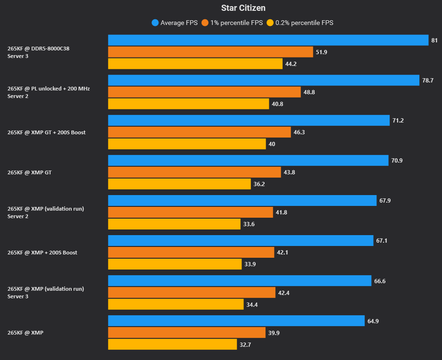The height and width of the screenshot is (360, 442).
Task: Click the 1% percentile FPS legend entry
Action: (232, 23)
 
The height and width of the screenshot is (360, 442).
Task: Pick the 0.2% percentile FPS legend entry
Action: (300, 23)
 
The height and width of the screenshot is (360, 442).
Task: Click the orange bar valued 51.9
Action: (210, 52)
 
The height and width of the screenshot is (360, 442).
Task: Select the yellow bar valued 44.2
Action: (195, 64)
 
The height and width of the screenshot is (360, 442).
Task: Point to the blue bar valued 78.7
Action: (264, 80)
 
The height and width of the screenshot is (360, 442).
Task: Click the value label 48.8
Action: (309, 92)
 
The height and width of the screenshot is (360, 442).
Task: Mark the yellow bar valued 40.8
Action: (189, 104)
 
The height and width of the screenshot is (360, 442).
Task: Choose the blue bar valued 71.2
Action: (249, 120)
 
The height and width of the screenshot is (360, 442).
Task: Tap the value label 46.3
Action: (299, 132)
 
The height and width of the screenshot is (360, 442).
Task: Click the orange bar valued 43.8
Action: (194, 172)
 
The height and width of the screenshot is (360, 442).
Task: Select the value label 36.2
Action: (259, 184)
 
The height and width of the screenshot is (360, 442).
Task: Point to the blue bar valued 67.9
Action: (242, 201)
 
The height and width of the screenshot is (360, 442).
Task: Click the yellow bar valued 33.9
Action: (175, 264)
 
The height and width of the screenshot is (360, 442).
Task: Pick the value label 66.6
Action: (380, 281)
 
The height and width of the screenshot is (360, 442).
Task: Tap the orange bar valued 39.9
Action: (187, 333)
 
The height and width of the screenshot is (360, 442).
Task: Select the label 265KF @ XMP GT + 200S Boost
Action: (47, 132)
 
